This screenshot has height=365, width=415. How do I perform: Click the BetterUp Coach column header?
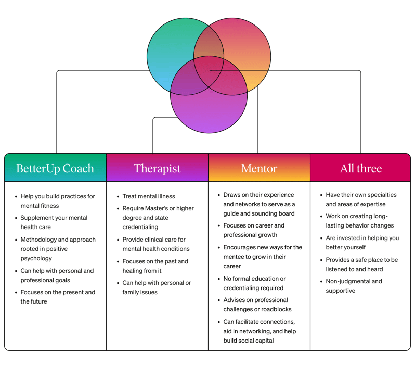point(55,168)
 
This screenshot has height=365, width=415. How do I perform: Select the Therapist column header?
point(157,168)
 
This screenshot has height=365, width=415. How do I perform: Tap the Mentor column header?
point(259,168)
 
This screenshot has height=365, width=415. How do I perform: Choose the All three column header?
point(361,168)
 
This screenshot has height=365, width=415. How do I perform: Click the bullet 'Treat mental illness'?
point(149,196)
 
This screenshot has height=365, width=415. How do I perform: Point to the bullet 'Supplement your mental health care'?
point(54,222)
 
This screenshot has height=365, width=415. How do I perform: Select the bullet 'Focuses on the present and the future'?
point(58,297)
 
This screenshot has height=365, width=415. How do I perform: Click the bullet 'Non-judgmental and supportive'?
point(354,286)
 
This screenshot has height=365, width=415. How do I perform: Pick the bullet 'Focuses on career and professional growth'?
point(254,230)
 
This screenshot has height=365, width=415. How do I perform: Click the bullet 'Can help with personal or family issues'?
point(157,287)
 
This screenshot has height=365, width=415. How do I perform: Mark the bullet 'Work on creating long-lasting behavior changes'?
point(360,221)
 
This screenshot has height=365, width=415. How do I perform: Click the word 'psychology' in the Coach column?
point(36,258)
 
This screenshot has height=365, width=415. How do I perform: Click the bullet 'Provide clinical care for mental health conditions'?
point(156,244)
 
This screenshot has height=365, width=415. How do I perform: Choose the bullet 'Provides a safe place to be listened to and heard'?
point(361,265)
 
